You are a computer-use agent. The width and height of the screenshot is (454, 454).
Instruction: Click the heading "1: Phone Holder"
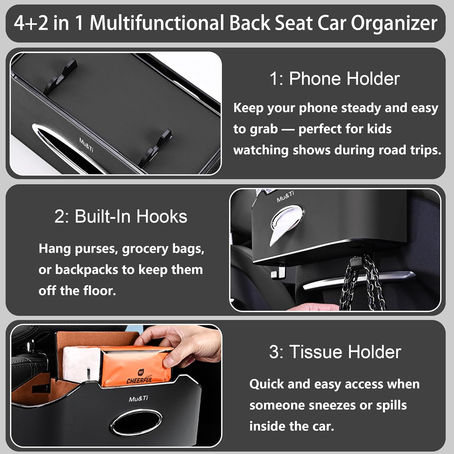tap(334, 79)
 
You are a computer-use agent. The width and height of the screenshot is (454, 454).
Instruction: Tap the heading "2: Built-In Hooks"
tap(121, 216)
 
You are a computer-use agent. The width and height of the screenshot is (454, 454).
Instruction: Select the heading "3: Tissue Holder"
tap(335, 352)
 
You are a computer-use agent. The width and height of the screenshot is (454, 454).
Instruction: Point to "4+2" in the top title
tap(31, 23)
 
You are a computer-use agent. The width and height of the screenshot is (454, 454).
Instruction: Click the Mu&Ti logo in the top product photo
tap(86, 145)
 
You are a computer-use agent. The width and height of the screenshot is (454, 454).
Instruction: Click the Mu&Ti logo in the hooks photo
tap(285, 196)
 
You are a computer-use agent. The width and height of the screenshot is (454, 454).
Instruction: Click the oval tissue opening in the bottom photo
tap(136, 423)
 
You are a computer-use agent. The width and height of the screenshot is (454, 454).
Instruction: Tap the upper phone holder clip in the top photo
tap(61, 76)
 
